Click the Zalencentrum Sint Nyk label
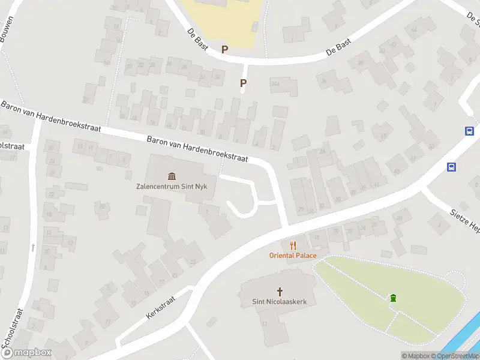pos(172,186)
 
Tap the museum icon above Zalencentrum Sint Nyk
pos(172,176)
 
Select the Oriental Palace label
pos(292,256)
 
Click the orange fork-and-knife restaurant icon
pos(293,245)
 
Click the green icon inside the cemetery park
pos(393,298)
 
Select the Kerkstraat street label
pos(160,306)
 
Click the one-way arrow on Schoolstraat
pos(32,247)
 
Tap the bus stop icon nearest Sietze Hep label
pos(451,167)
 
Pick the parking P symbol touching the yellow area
pos(225,50)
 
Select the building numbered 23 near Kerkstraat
pos(193,262)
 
